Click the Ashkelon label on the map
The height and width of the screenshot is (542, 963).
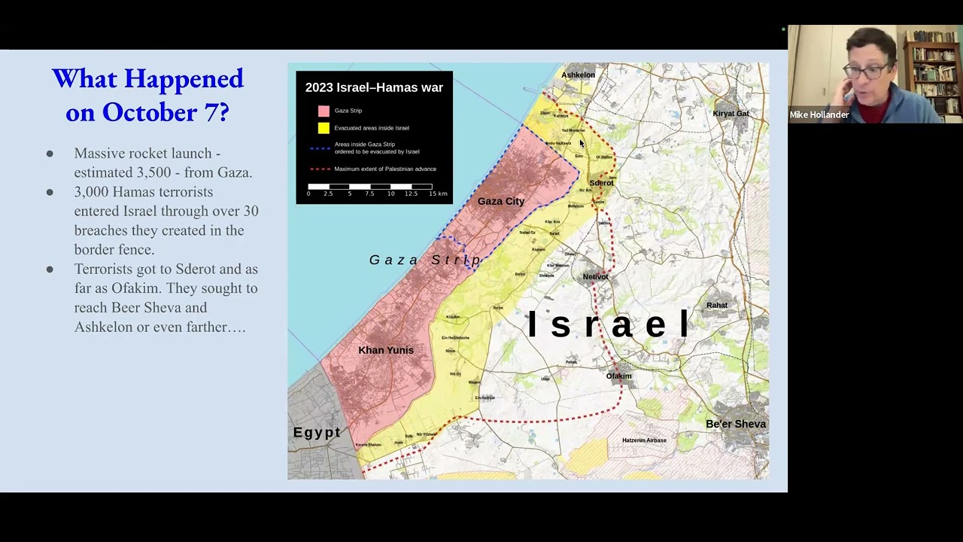[x=578, y=75]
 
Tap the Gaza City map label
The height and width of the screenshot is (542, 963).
[x=500, y=201]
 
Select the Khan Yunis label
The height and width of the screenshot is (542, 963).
[x=385, y=350]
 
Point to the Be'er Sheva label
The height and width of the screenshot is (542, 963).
[x=735, y=424]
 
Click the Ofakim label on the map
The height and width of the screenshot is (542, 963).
[x=618, y=376]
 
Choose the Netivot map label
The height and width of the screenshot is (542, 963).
[x=595, y=276]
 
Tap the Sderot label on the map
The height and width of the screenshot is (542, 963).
[x=601, y=183]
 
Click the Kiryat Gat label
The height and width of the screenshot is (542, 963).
[x=731, y=114]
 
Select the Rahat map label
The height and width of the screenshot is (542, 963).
[x=716, y=305]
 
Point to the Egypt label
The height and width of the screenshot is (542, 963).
[x=317, y=432]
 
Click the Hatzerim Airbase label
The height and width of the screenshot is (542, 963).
[x=644, y=440]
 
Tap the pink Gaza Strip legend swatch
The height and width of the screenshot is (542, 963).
[x=324, y=111]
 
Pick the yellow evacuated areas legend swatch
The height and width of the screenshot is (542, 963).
[x=324, y=128]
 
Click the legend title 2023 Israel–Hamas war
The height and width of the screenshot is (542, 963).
[x=374, y=87]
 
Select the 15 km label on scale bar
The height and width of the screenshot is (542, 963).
[x=438, y=193]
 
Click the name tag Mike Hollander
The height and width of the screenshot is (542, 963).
[x=819, y=115]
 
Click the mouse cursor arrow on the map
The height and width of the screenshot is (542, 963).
[x=582, y=143]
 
